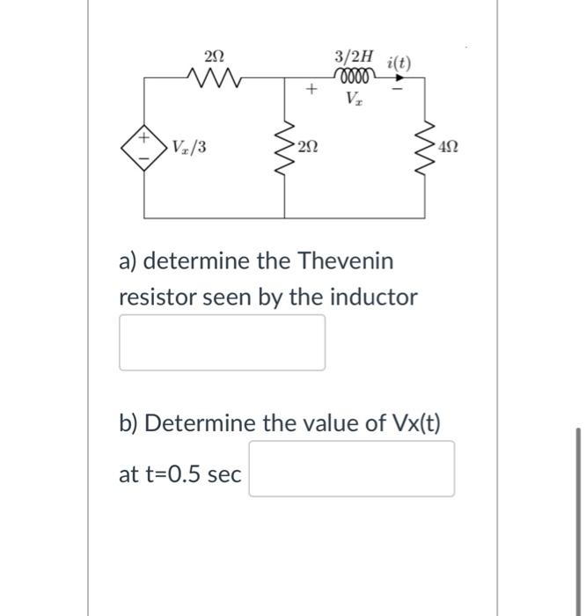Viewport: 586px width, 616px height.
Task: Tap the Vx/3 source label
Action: (x=188, y=146)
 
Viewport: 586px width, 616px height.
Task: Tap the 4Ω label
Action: (x=449, y=146)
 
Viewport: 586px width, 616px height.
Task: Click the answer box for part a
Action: (x=223, y=342)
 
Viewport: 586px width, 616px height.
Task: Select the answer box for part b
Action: (x=351, y=468)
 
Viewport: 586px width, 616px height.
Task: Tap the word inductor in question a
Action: (x=375, y=297)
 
